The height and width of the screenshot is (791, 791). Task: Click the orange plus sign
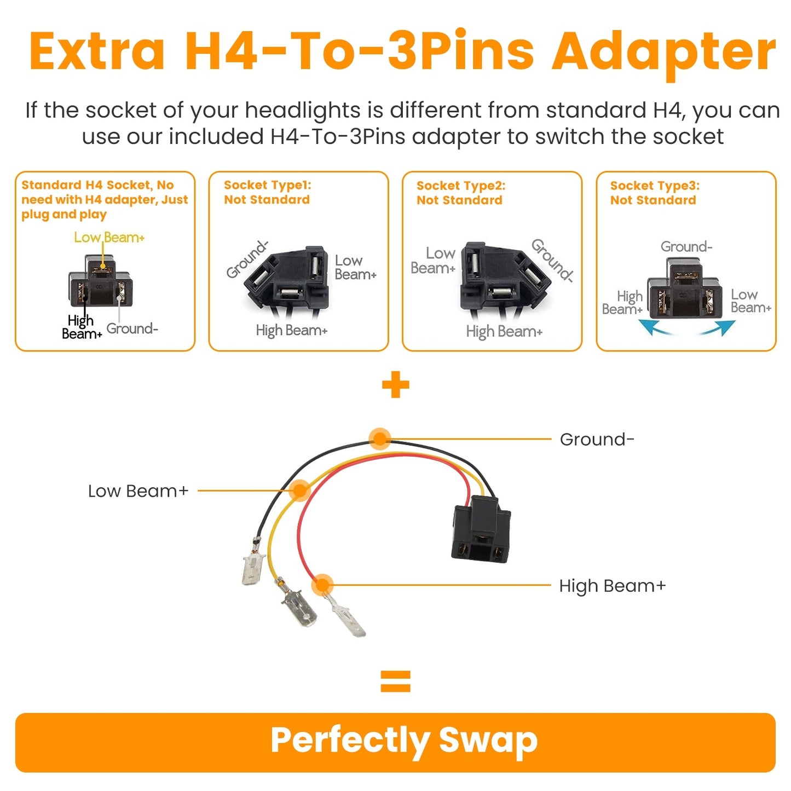(395, 385)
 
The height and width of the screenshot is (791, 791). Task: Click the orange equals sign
(395, 682)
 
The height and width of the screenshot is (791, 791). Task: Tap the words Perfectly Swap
(404, 741)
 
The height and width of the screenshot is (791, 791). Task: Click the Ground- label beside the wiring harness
(597, 439)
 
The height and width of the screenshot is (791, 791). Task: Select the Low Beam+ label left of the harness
(138, 491)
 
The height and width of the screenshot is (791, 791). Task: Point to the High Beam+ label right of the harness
(612, 586)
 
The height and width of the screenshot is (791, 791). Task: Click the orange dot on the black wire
(379, 438)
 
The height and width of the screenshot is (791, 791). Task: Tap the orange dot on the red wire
(322, 585)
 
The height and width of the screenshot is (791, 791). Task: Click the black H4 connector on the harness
(481, 529)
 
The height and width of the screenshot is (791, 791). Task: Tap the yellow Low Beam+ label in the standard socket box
(109, 238)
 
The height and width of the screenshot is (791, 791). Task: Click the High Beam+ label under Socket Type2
(504, 331)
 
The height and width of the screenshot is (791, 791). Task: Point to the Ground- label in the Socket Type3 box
(686, 247)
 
